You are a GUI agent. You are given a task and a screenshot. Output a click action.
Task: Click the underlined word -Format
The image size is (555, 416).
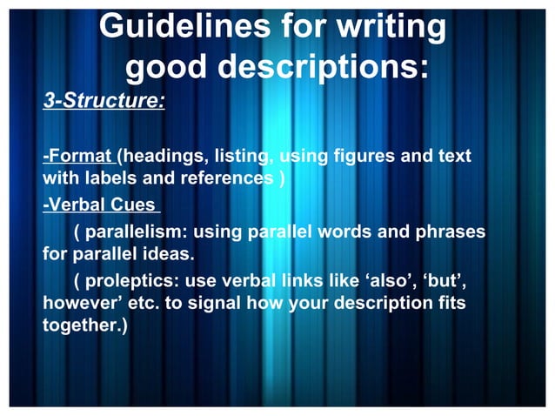click(x=78, y=157)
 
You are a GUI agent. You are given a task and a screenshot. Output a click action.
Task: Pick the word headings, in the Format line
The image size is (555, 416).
click(x=165, y=157)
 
